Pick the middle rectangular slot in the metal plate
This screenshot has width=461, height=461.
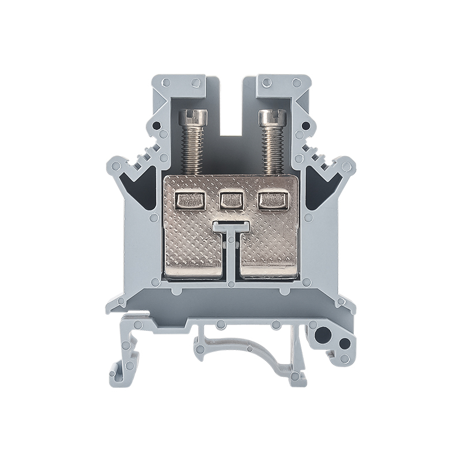click(x=231, y=200)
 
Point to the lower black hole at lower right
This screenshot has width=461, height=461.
click(x=344, y=344)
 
